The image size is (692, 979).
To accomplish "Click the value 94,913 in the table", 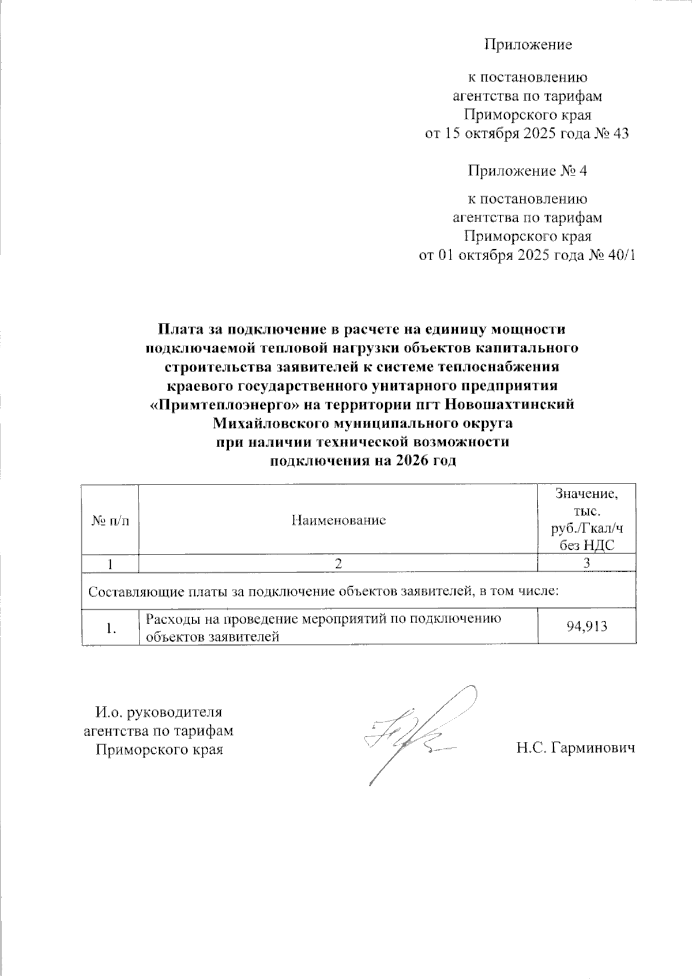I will coord(587,627).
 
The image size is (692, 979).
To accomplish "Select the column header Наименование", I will coord(339,520).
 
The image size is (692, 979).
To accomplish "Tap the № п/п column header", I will coord(110,520).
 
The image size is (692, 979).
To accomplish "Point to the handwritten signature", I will coord(415,733).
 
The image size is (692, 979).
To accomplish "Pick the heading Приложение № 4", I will coord(527,171).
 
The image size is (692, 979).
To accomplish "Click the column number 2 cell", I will coord(339,564).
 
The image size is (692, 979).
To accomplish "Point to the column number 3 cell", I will coord(586,564).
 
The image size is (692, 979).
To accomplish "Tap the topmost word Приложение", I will coord(528,44).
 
